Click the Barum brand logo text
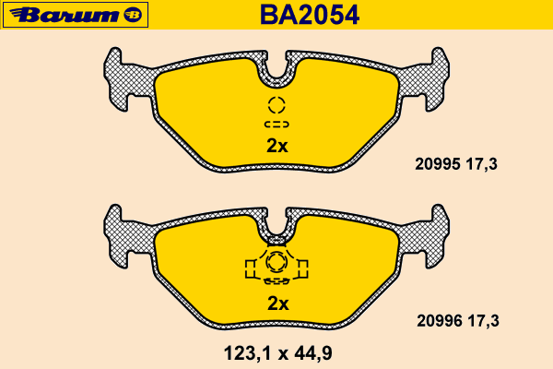click(65, 15)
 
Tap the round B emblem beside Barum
click(133, 15)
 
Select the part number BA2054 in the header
click(310, 15)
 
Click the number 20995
click(438, 164)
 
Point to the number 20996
click(440, 321)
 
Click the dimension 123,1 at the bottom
click(248, 353)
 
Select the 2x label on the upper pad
click(277, 146)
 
